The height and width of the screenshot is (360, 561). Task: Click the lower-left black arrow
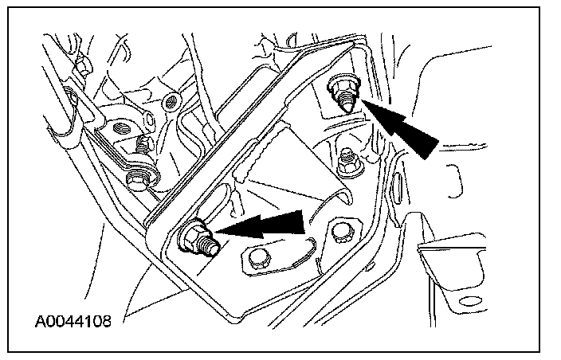coord(263,224)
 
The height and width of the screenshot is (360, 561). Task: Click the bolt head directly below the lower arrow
coord(257,258)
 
